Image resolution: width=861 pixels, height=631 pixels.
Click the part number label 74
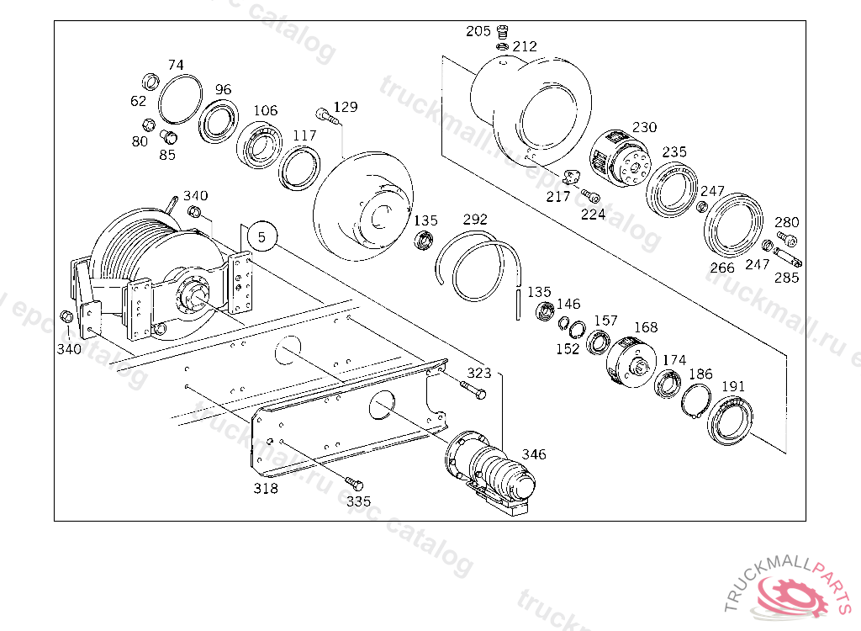click(x=176, y=65)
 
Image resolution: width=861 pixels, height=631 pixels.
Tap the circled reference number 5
click(x=262, y=237)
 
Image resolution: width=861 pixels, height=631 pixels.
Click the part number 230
click(x=644, y=127)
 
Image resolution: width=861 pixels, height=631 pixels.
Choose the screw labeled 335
click(x=354, y=484)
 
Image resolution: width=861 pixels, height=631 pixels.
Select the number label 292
click(x=475, y=220)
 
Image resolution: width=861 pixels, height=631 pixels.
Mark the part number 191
click(x=733, y=386)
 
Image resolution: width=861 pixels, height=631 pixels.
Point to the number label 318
click(x=267, y=488)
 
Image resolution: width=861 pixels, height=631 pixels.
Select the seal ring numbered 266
click(x=733, y=222)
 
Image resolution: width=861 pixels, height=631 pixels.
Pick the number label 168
click(x=646, y=327)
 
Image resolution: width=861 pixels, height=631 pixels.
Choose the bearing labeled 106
click(x=261, y=144)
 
